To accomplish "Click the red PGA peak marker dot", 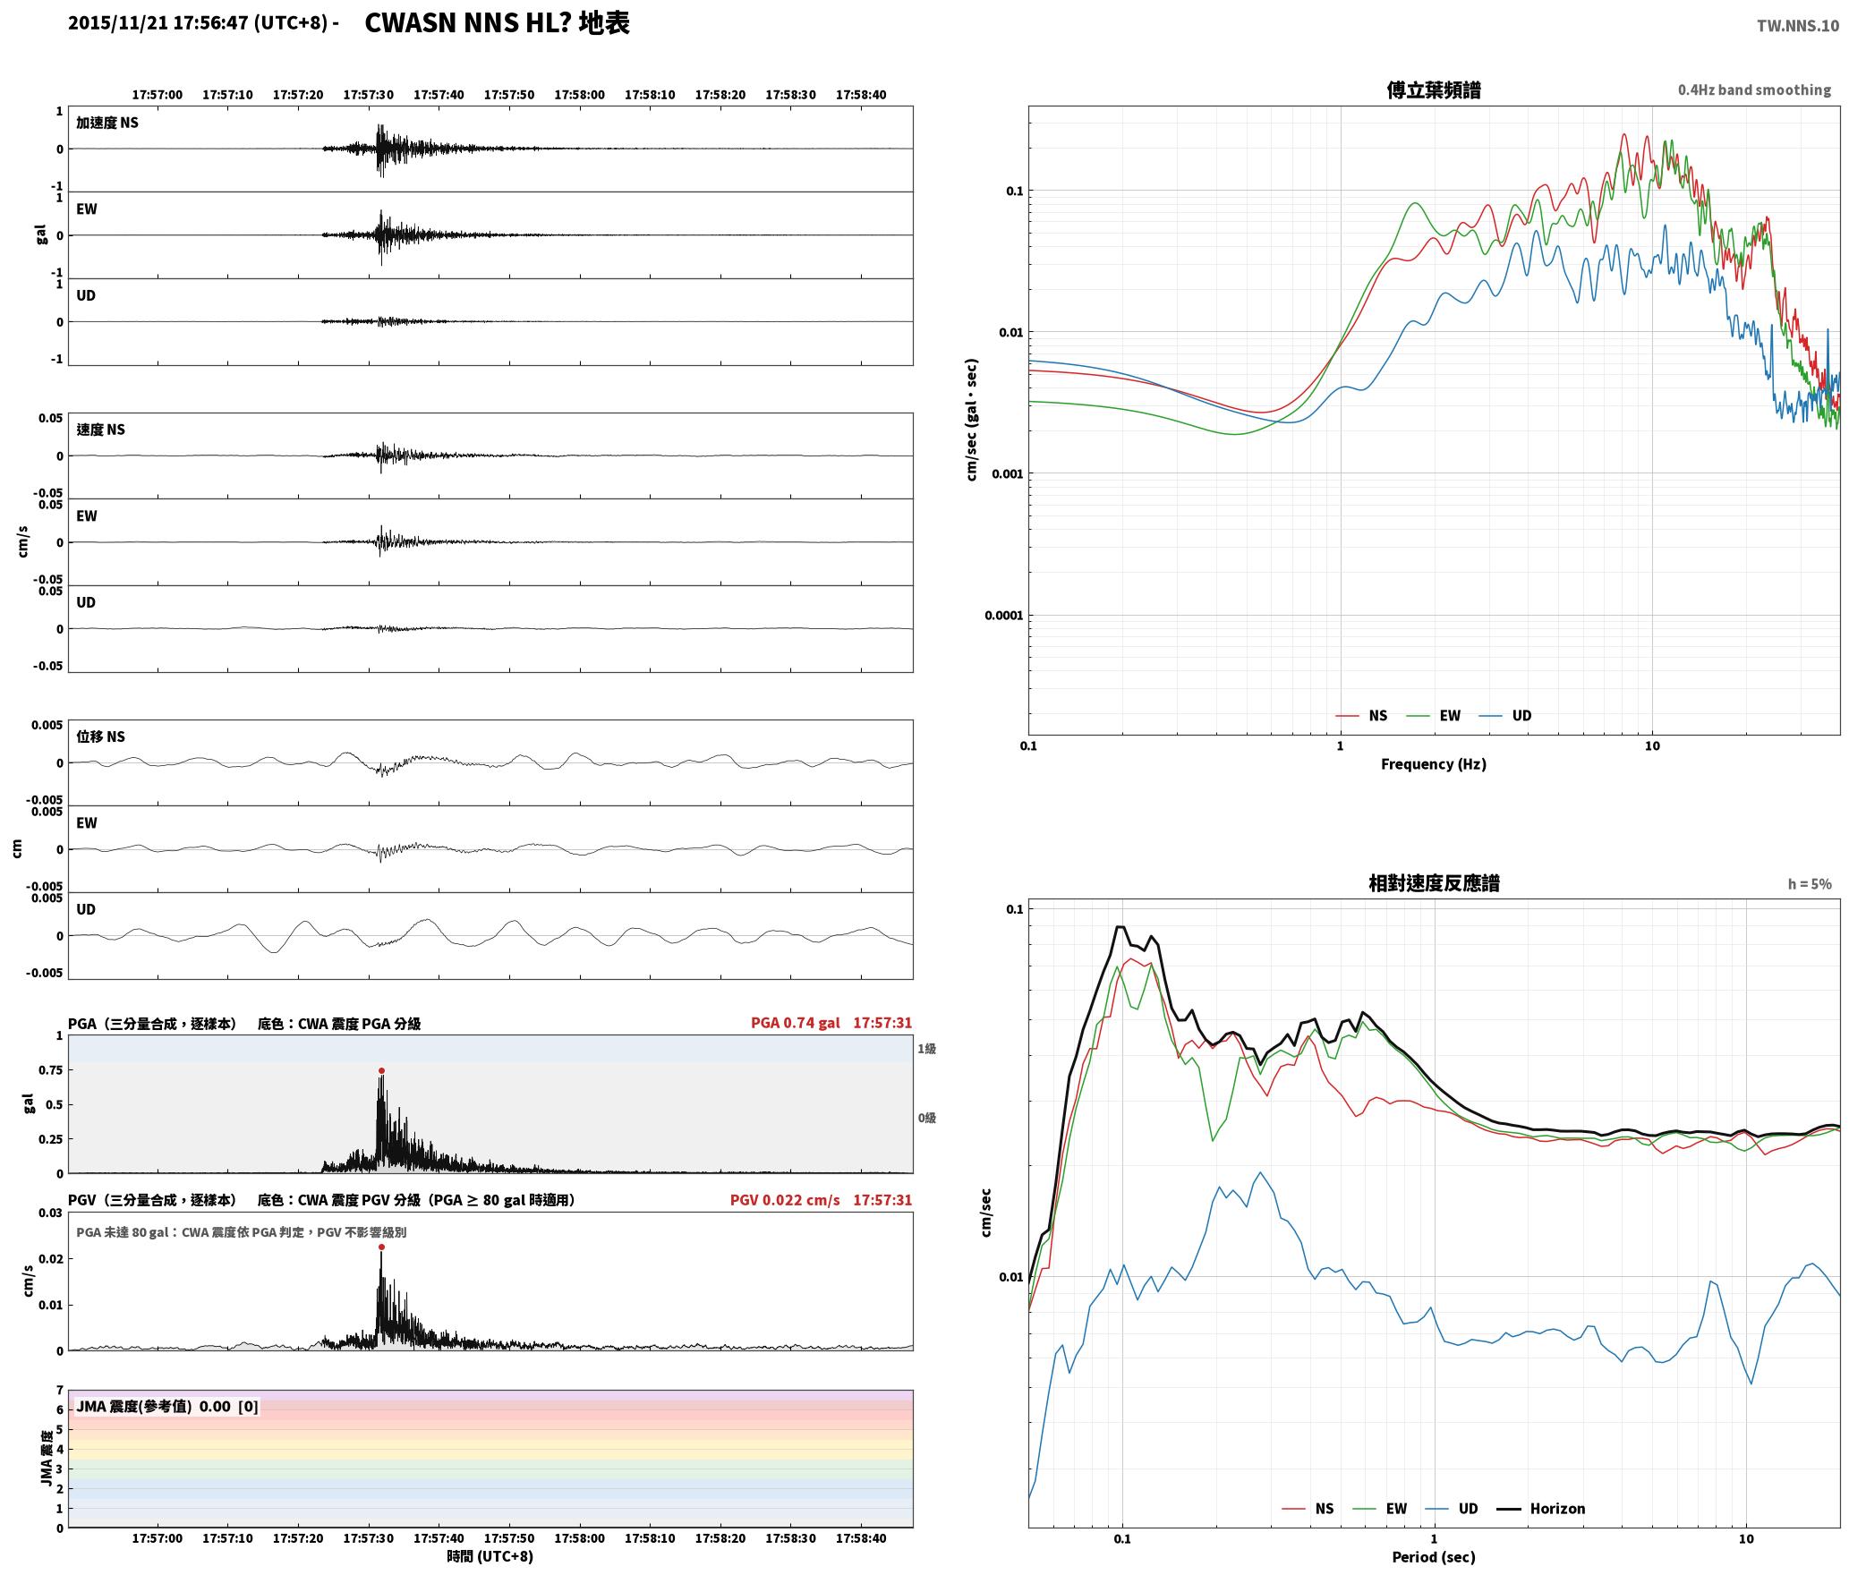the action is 381,1070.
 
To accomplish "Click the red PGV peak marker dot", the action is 381,1247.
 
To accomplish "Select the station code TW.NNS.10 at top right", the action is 1797,26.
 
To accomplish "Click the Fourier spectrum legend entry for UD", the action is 1505,715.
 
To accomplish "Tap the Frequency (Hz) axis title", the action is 1433,763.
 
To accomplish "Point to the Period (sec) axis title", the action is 1433,1556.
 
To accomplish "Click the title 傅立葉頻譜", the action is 1434,89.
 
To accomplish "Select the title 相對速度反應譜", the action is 1434,882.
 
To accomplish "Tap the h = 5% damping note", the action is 1810,883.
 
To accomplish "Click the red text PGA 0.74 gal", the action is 795,1023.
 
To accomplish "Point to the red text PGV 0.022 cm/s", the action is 785,1199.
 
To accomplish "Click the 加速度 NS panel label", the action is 107,123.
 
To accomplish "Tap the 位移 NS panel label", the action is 100,736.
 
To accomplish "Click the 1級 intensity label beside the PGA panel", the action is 926,1048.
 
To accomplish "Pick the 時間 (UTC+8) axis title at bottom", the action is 490,1556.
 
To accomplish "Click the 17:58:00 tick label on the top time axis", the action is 579,94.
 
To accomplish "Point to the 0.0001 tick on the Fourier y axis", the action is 1003,615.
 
